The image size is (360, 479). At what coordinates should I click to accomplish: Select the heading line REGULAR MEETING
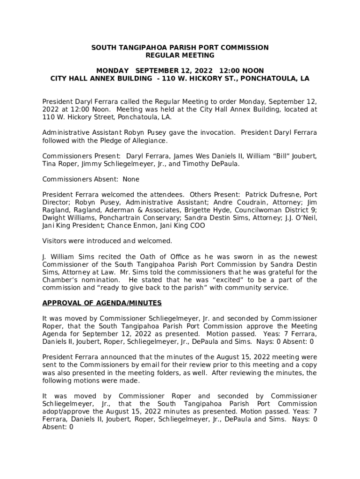180,55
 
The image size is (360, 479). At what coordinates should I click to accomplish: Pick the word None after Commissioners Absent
131,179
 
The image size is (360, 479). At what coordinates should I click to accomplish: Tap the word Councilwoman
253,210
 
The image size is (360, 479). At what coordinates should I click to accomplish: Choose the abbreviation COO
196,225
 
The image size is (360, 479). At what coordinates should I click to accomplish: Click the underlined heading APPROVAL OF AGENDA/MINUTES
102,303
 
